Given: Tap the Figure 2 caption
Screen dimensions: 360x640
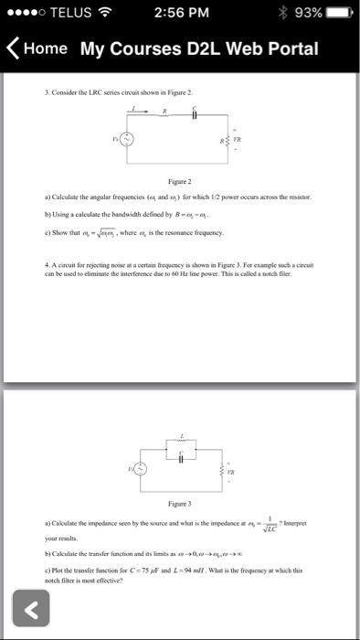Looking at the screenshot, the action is coord(180,181).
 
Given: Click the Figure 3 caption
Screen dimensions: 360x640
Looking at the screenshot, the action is coord(180,503).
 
